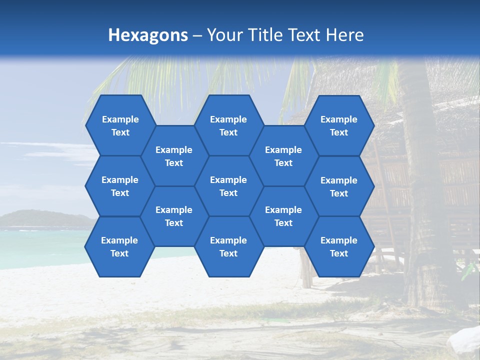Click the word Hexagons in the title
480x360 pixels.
[x=148, y=35]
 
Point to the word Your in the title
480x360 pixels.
[x=224, y=35]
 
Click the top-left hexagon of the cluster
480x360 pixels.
[x=120, y=125]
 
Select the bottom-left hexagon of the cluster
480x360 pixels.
[x=119, y=246]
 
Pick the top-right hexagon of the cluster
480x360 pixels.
[x=339, y=125]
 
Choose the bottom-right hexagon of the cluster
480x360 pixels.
[x=339, y=246]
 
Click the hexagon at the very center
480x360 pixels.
[x=228, y=186]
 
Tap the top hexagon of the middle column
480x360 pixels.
[x=228, y=125]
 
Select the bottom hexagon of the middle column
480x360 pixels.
[x=228, y=246]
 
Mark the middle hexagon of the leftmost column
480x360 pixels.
[x=120, y=186]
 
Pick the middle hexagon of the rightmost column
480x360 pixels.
[x=339, y=186]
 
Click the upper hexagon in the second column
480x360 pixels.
[x=174, y=156]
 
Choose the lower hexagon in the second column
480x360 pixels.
[x=174, y=216]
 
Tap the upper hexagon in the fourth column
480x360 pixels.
[x=283, y=156]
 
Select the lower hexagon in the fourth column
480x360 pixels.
[x=283, y=216]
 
